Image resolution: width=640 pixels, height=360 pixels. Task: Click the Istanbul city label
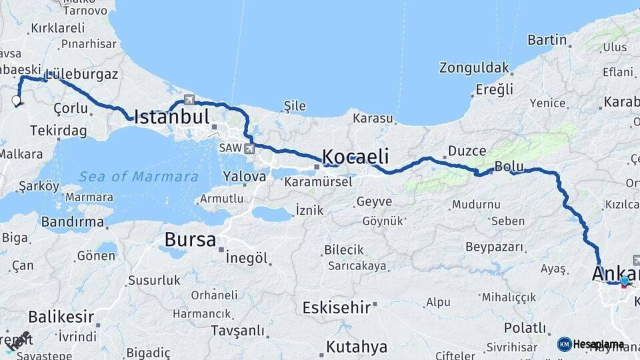(172, 117)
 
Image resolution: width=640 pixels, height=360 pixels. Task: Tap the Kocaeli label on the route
(355, 157)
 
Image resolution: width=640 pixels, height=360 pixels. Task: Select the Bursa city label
(190, 240)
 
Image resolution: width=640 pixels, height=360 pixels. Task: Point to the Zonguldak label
(474, 67)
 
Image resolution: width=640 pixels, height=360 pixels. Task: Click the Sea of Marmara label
(139, 177)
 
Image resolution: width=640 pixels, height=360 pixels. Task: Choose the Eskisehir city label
(336, 307)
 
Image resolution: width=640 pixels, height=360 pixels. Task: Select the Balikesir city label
(61, 317)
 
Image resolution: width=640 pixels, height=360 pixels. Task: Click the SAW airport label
(230, 148)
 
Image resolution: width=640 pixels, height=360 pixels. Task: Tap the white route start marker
(17, 101)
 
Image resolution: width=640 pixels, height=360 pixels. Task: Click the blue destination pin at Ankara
(624, 281)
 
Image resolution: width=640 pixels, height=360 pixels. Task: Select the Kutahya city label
(357, 347)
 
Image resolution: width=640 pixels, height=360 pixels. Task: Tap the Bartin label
(547, 40)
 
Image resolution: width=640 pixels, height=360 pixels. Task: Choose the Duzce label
(467, 151)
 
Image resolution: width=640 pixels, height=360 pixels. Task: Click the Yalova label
(245, 177)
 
